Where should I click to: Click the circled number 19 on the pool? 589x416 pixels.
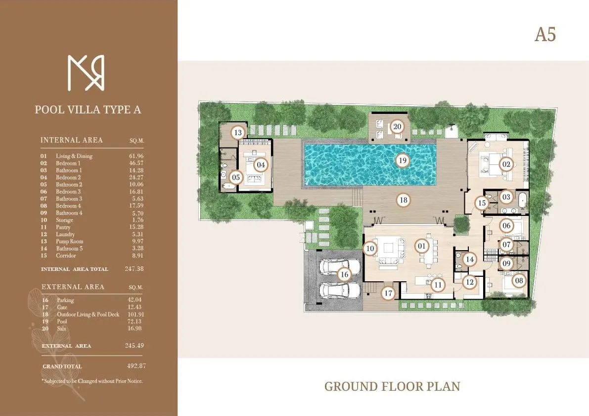(403, 160)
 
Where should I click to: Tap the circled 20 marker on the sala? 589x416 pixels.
(397, 126)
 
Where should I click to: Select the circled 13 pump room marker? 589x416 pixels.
(238, 132)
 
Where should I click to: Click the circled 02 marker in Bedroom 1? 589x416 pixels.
(506, 164)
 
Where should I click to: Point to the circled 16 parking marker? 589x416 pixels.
(345, 274)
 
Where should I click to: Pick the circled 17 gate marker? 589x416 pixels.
(389, 293)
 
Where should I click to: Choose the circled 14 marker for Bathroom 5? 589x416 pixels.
(470, 259)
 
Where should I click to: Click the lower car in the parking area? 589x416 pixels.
(334, 290)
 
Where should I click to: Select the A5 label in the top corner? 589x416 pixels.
(545, 35)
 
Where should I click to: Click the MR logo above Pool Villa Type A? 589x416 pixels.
(86, 73)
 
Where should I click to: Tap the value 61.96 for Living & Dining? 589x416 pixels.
(136, 156)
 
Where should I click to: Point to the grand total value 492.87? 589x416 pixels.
(136, 366)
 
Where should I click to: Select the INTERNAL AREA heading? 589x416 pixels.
(72, 140)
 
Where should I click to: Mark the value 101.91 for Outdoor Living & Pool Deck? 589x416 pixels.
(136, 314)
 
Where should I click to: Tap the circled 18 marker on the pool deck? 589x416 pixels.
(404, 200)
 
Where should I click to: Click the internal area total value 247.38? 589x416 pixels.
(135, 269)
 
